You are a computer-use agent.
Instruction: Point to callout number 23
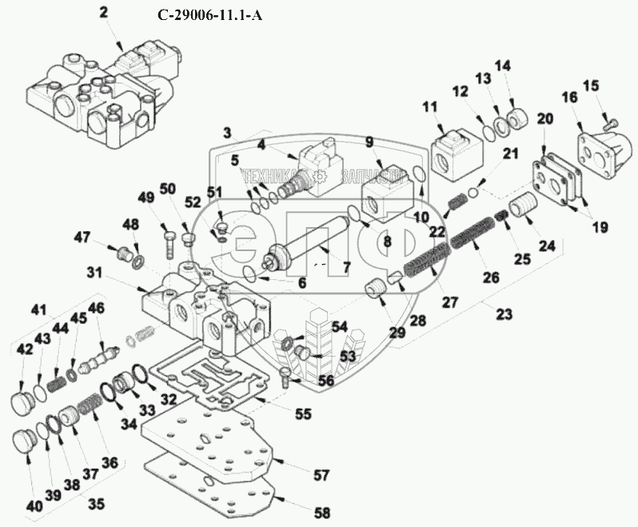click(x=504, y=314)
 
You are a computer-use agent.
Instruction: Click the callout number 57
click(x=321, y=476)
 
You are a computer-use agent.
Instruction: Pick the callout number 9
click(x=370, y=142)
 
